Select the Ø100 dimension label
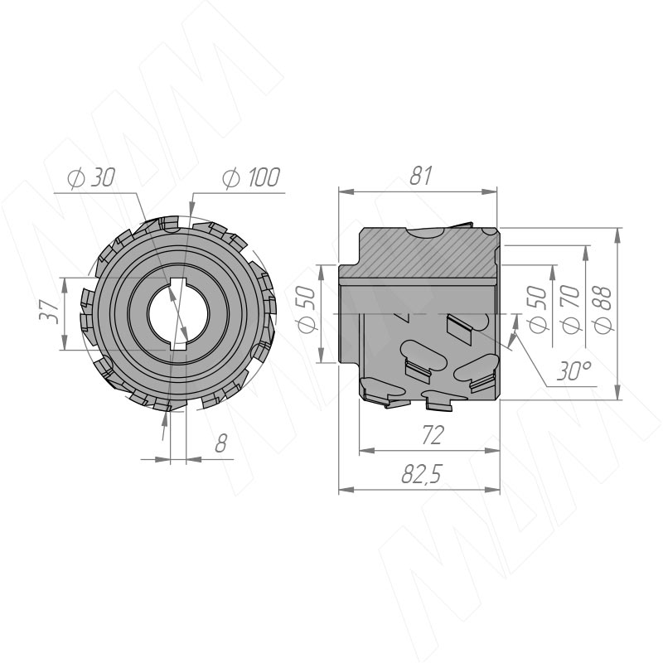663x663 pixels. coord(251,177)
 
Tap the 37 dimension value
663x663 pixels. coord(51,312)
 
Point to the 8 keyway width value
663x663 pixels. coord(220,444)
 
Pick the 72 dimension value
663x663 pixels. coord(432,434)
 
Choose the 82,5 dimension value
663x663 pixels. coord(421,475)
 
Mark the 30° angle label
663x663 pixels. coord(569,372)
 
